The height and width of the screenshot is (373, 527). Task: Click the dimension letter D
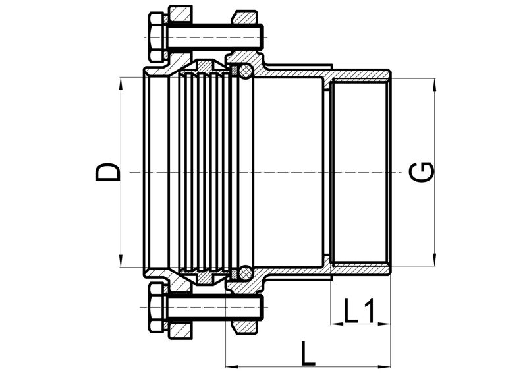107,172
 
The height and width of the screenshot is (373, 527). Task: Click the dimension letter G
422,172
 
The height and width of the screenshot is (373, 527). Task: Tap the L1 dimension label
359,310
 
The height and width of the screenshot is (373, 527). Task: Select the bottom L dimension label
308,353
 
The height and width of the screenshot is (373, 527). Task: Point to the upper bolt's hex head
156,37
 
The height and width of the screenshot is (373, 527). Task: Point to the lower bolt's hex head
157,308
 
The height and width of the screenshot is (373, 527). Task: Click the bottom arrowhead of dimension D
121,261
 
